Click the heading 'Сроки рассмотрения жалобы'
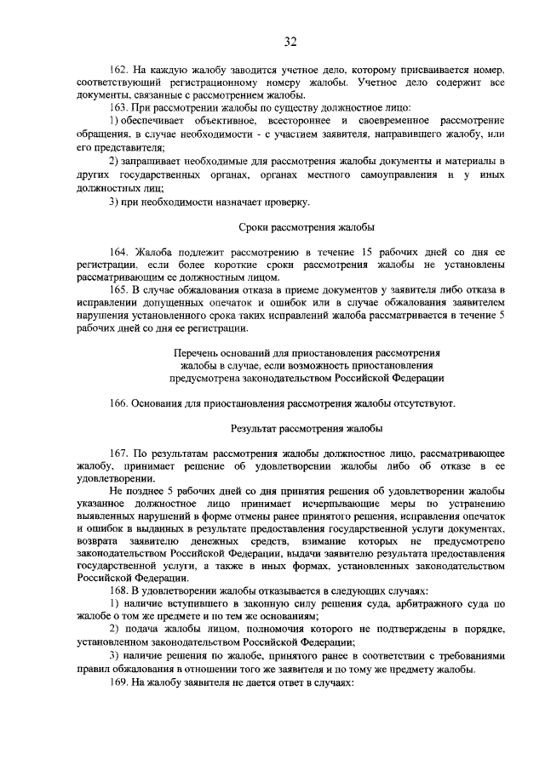coord(304,228)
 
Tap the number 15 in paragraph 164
coord(368,254)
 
